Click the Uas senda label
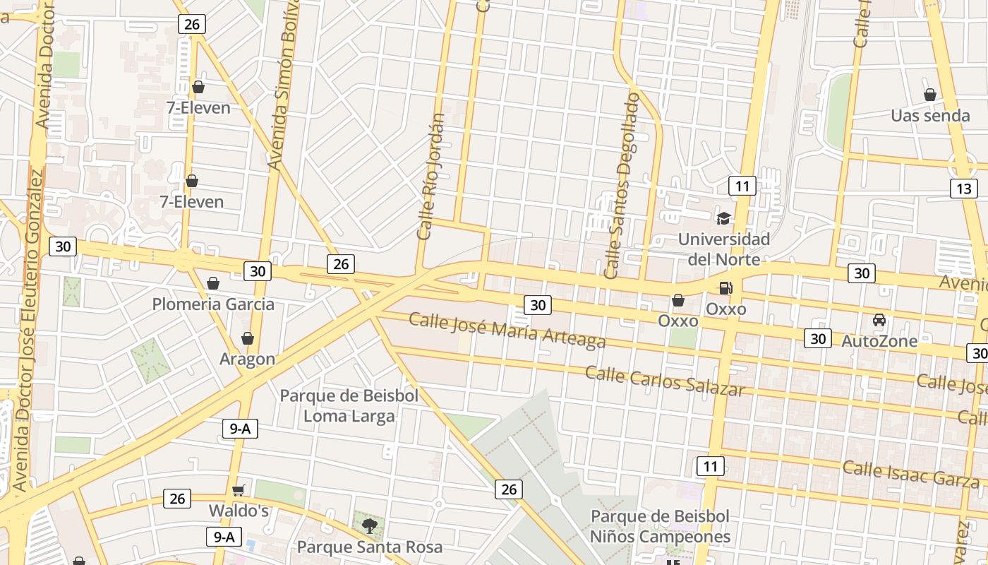coord(930,115)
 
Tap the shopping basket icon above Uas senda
coord(930,95)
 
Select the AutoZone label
coord(879,341)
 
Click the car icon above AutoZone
coord(879,320)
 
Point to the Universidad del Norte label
coord(723,249)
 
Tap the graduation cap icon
coord(723,218)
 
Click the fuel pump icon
coord(725,288)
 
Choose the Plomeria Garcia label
coord(213,304)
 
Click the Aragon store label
coord(247,359)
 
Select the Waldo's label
coord(239,510)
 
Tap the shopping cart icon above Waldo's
coord(239,490)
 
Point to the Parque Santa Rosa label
coord(370,547)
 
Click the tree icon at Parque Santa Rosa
coord(369,525)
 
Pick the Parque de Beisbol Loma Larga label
coord(349,405)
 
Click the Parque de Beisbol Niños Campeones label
coord(660,526)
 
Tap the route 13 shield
coord(963,189)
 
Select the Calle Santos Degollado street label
coord(621,185)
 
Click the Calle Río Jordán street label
coord(431,177)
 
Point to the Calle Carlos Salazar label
coord(665,381)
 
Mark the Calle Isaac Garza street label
coord(911,473)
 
